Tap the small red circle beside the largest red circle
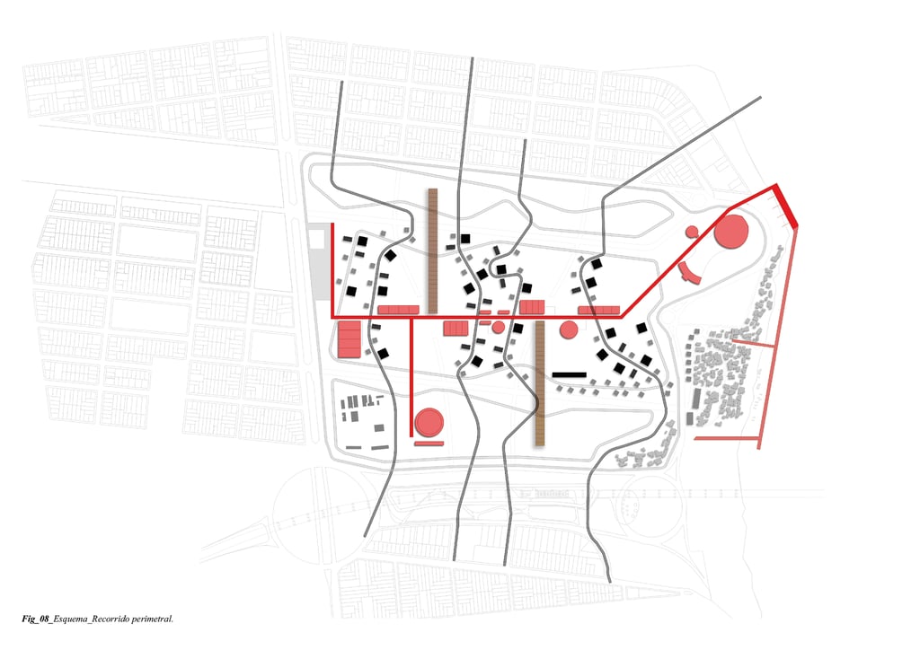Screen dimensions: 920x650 coord(692,232)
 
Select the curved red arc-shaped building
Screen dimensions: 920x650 coord(687,272)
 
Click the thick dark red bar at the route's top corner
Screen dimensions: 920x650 coord(786,206)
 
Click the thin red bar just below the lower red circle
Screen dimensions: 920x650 coord(429,443)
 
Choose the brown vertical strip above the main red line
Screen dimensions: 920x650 coord(432,250)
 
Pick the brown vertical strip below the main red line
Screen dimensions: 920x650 coord(540,383)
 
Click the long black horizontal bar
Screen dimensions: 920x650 coord(569,373)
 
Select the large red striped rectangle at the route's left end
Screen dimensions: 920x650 coord(349,340)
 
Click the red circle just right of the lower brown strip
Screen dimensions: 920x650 coord(568,330)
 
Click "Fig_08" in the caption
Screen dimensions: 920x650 coord(36,619)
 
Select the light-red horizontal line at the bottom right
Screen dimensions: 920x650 coord(727,438)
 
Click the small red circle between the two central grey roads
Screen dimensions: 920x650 coord(498,327)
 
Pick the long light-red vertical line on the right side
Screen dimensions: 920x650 coord(778,341)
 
